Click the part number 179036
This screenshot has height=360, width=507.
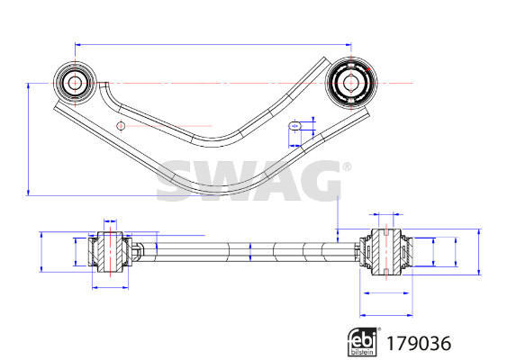coord(419,343)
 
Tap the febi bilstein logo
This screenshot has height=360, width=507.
coord(363,342)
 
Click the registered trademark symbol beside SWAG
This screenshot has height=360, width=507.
coord(347,166)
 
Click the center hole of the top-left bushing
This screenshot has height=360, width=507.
coord(75,83)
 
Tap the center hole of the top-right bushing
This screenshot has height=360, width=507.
coord(351,83)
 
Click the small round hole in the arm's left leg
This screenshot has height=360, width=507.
coord(121,126)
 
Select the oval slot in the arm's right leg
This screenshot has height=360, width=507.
coord(294,126)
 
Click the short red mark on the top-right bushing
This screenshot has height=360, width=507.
coord(367,69)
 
